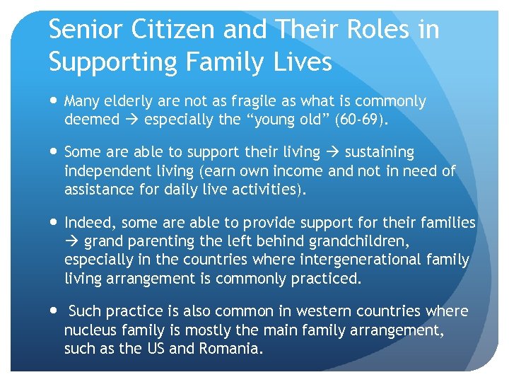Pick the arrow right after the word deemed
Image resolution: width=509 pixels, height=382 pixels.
tap(131, 120)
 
